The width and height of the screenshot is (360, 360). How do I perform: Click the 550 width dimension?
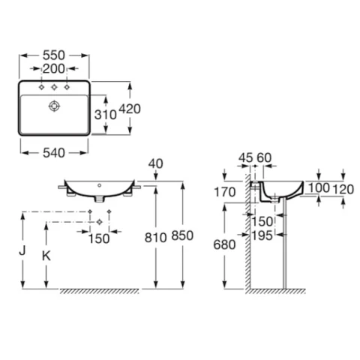pyautogui.click(x=54, y=55)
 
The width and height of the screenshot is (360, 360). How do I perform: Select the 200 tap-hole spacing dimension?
pyautogui.click(x=54, y=68)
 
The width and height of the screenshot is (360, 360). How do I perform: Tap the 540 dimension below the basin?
pyautogui.click(x=54, y=153)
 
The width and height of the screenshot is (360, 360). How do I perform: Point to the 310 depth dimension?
pyautogui.click(x=105, y=115)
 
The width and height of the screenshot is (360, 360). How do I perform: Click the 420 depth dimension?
pyautogui.click(x=130, y=109)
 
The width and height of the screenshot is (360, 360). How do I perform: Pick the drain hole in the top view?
pyautogui.click(x=54, y=106)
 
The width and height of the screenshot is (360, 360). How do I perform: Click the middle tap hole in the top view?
pyautogui.click(x=54, y=87)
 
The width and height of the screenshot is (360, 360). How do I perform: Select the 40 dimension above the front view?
pyautogui.click(x=155, y=163)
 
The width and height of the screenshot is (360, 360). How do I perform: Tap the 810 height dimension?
pyautogui.click(x=155, y=238)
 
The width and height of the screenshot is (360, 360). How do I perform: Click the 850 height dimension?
pyautogui.click(x=182, y=235)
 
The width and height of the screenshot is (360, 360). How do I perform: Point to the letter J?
pyautogui.click(x=22, y=250)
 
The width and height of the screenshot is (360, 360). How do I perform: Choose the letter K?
pyautogui.click(x=46, y=256)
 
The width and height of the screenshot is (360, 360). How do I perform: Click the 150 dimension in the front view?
pyautogui.click(x=99, y=238)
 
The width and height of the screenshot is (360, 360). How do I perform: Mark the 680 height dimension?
pyautogui.click(x=224, y=244)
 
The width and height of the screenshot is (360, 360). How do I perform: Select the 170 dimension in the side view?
pyautogui.click(x=225, y=192)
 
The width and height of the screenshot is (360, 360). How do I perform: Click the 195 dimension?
pyautogui.click(x=262, y=235)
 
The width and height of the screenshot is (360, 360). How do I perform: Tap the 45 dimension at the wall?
pyautogui.click(x=245, y=158)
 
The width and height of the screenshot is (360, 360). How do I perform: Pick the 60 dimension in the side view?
pyautogui.click(x=264, y=158)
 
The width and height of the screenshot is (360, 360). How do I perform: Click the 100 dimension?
pyautogui.click(x=319, y=188)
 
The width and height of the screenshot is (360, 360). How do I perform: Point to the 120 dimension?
pyautogui.click(x=343, y=190)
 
